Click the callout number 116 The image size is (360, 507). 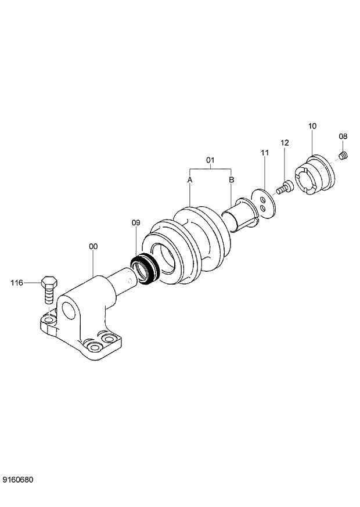(16, 283)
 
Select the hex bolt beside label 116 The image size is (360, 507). (49, 289)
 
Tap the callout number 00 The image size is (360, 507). (93, 247)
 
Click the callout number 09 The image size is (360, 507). (136, 222)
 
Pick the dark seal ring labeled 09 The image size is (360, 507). (145, 269)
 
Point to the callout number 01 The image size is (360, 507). (210, 159)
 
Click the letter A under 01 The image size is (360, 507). (190, 181)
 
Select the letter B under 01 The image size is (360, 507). (231, 181)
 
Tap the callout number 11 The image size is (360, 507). (265, 153)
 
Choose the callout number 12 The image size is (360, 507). (285, 143)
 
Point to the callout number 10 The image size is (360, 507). (312, 126)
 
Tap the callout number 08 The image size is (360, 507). (343, 136)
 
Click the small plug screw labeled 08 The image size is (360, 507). (344, 155)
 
